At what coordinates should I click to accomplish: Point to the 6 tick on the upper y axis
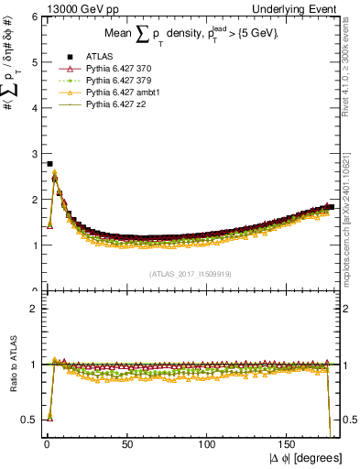pos(35,17)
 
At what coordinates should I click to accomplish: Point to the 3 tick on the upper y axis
pos(35,154)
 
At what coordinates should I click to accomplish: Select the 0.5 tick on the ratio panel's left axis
pos(27,420)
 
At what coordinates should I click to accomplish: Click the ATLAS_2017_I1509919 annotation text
pos(191,273)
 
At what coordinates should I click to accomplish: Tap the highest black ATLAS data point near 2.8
pos(49,164)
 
